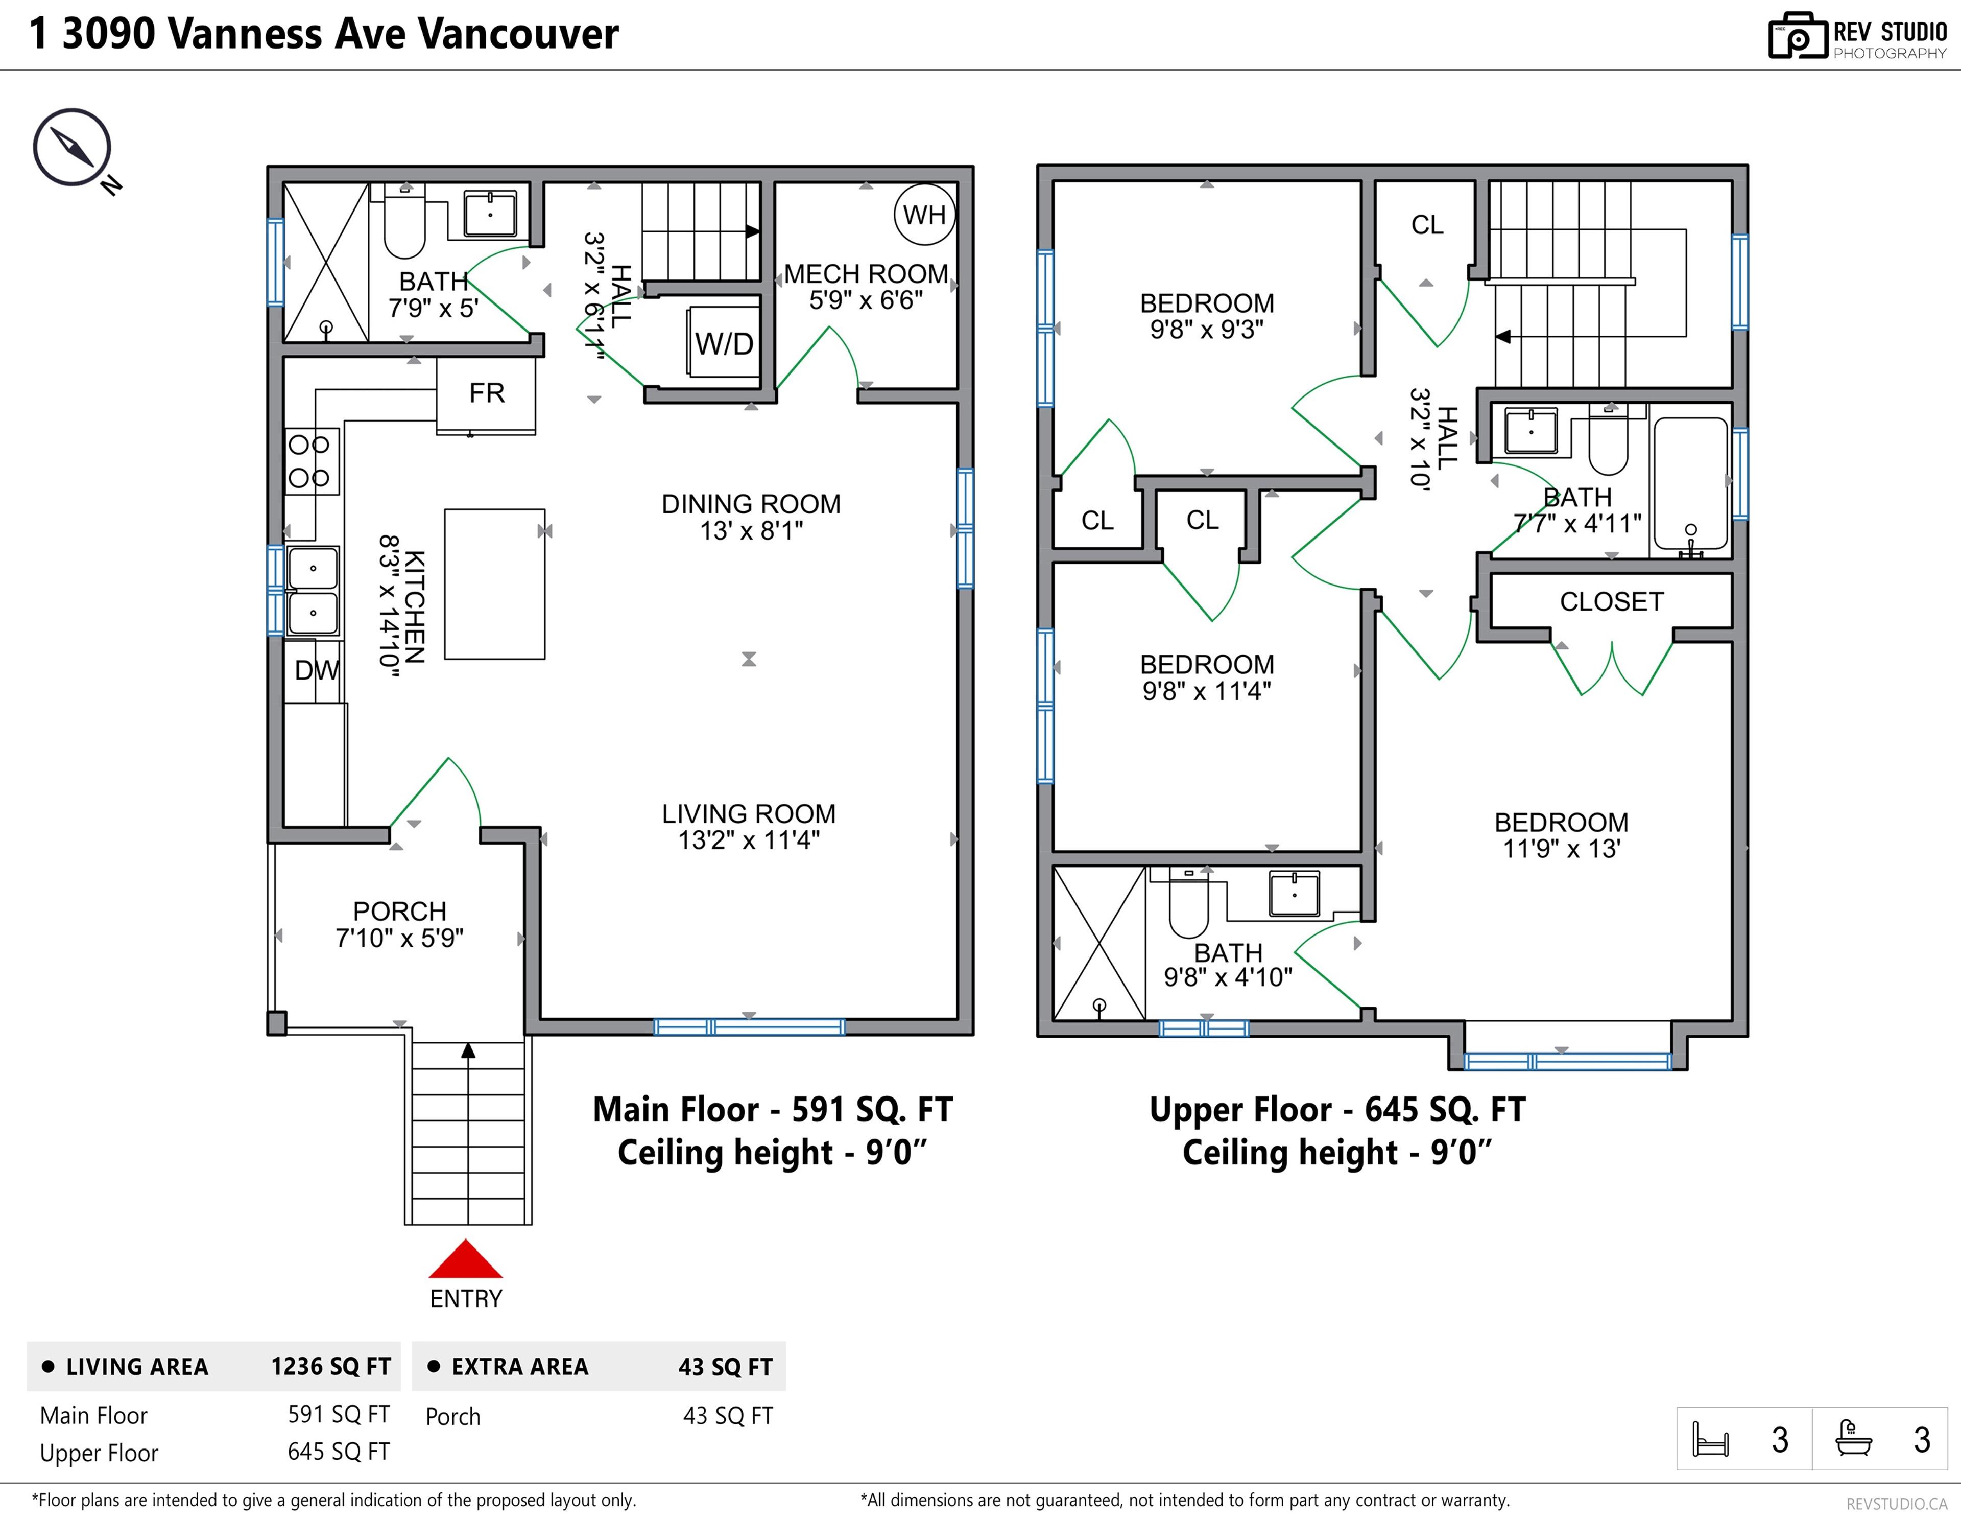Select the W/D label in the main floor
(x=724, y=343)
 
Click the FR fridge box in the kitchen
(x=486, y=393)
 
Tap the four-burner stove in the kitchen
(x=310, y=461)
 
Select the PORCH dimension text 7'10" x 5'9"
(x=399, y=938)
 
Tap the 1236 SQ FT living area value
(x=330, y=1366)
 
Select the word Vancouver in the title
(x=518, y=34)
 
